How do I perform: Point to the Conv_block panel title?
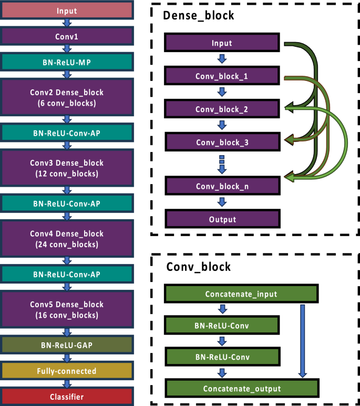click(x=198, y=267)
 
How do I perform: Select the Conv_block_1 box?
click(x=221, y=76)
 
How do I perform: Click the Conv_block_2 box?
click(x=221, y=109)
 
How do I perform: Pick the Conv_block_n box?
click(x=221, y=186)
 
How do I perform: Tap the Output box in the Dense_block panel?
click(x=221, y=219)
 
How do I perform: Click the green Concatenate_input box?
click(x=242, y=293)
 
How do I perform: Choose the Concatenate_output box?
click(x=242, y=389)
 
